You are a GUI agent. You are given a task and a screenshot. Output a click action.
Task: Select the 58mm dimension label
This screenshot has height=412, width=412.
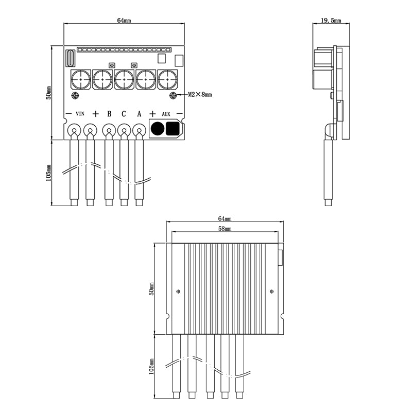point(225,228)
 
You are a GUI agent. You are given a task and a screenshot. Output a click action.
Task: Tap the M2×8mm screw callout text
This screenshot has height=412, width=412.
point(199,95)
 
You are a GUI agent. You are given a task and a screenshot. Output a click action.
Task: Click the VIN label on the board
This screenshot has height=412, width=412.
point(80,113)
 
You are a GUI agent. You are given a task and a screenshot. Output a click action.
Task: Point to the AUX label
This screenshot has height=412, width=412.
point(166,113)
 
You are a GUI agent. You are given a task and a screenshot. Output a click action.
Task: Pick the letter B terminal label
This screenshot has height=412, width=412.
point(109,113)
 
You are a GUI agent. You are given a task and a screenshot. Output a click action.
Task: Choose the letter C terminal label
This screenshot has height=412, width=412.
point(124,113)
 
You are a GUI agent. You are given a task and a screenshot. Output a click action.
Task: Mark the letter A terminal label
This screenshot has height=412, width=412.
point(139,113)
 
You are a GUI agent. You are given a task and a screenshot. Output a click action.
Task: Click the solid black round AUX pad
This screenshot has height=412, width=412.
point(158,129)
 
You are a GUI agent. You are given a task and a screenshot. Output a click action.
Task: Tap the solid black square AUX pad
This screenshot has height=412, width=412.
point(173,129)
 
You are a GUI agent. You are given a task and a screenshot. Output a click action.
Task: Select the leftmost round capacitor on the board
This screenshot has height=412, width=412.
point(81,80)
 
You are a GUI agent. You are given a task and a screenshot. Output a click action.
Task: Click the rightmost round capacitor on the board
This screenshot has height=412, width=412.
point(167,80)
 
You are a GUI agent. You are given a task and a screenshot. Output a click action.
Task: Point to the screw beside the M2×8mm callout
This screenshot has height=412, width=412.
point(174,95)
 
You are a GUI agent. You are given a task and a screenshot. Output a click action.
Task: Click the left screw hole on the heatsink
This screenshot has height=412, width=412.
point(178,291)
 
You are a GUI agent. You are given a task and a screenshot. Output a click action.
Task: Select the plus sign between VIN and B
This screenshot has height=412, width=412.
point(95,113)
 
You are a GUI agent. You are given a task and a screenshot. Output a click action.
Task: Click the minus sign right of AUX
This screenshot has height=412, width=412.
point(179,113)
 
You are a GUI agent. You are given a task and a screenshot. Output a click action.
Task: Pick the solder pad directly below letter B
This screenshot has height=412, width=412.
point(108,130)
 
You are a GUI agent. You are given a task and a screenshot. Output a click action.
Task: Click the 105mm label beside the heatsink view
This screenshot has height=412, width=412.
point(151,367)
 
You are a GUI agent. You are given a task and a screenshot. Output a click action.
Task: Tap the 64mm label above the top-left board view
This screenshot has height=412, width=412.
point(124,21)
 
